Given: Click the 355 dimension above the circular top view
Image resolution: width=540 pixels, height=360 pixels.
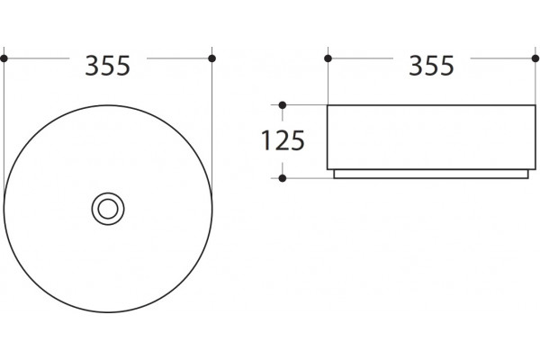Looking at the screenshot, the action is pyautogui.click(x=107, y=66).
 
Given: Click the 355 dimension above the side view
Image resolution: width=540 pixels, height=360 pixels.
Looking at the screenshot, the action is pyautogui.click(x=431, y=66).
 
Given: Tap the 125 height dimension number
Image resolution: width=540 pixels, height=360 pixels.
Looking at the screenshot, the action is pyautogui.click(x=283, y=140).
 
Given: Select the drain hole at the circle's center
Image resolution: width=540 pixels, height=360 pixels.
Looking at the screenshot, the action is pyautogui.click(x=108, y=209).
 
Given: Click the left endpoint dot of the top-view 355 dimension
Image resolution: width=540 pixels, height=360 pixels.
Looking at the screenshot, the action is pyautogui.click(x=4, y=58).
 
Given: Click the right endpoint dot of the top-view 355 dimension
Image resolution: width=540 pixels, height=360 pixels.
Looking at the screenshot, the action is pyautogui.click(x=212, y=58).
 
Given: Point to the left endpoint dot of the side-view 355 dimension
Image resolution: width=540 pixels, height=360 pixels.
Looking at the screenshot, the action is pyautogui.click(x=328, y=58).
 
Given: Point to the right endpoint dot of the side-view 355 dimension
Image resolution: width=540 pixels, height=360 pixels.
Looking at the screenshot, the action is pyautogui.click(x=535, y=58).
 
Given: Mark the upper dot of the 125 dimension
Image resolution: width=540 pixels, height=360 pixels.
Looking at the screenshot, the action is pyautogui.click(x=283, y=105).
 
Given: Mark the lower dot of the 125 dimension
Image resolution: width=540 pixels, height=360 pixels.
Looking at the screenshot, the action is pyautogui.click(x=283, y=178).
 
